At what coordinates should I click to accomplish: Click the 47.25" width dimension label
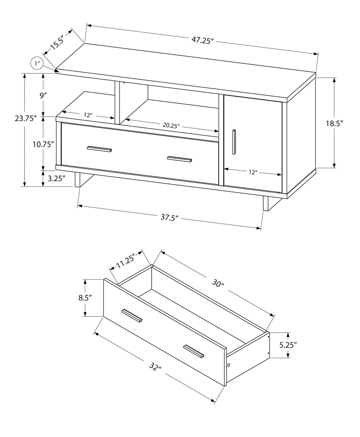point(203,40)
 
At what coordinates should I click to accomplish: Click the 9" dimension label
point(43,95)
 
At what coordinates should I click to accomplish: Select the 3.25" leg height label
point(57,178)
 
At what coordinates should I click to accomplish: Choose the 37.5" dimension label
point(169,218)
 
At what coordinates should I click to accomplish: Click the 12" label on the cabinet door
point(253,172)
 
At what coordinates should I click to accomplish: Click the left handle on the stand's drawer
point(99,149)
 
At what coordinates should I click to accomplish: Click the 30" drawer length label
point(218,283)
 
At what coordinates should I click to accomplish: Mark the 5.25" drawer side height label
point(288,345)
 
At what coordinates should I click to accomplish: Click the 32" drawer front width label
point(155,367)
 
